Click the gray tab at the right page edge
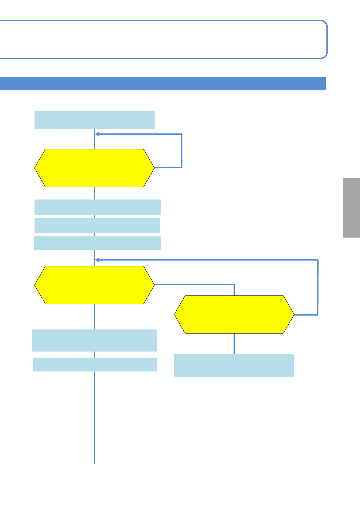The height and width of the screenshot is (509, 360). [351, 208]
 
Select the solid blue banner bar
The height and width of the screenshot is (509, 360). [163, 83]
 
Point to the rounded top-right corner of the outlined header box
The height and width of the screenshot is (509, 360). [324, 24]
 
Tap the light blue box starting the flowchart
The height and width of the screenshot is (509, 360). [94, 120]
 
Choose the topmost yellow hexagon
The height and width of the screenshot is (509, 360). [94, 168]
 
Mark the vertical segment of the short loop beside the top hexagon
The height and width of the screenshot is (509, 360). [182, 151]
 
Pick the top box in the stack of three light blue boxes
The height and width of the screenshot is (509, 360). [97, 207]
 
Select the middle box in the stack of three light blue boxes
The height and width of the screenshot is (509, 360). [97, 226]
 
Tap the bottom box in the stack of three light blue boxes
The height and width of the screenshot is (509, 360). [97, 243]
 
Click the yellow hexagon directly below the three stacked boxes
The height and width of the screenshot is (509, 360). [94, 285]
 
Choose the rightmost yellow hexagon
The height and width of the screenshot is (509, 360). [234, 314]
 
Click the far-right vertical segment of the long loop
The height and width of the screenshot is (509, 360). [318, 287]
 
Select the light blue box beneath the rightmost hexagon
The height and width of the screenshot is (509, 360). [234, 365]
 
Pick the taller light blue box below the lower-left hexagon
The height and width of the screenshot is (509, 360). [94, 340]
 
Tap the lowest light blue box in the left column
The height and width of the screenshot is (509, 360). [94, 364]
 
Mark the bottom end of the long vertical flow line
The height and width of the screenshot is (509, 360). [94, 462]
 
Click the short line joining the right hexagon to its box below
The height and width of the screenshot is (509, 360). [234, 344]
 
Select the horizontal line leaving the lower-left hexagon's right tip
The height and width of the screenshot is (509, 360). [194, 284]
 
